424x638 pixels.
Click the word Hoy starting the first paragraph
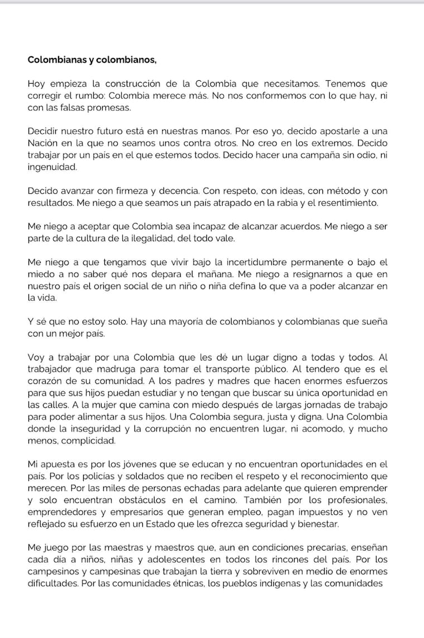[37, 84]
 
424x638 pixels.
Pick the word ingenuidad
[52, 167]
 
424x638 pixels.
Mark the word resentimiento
[342, 203]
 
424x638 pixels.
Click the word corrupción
[190, 429]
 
